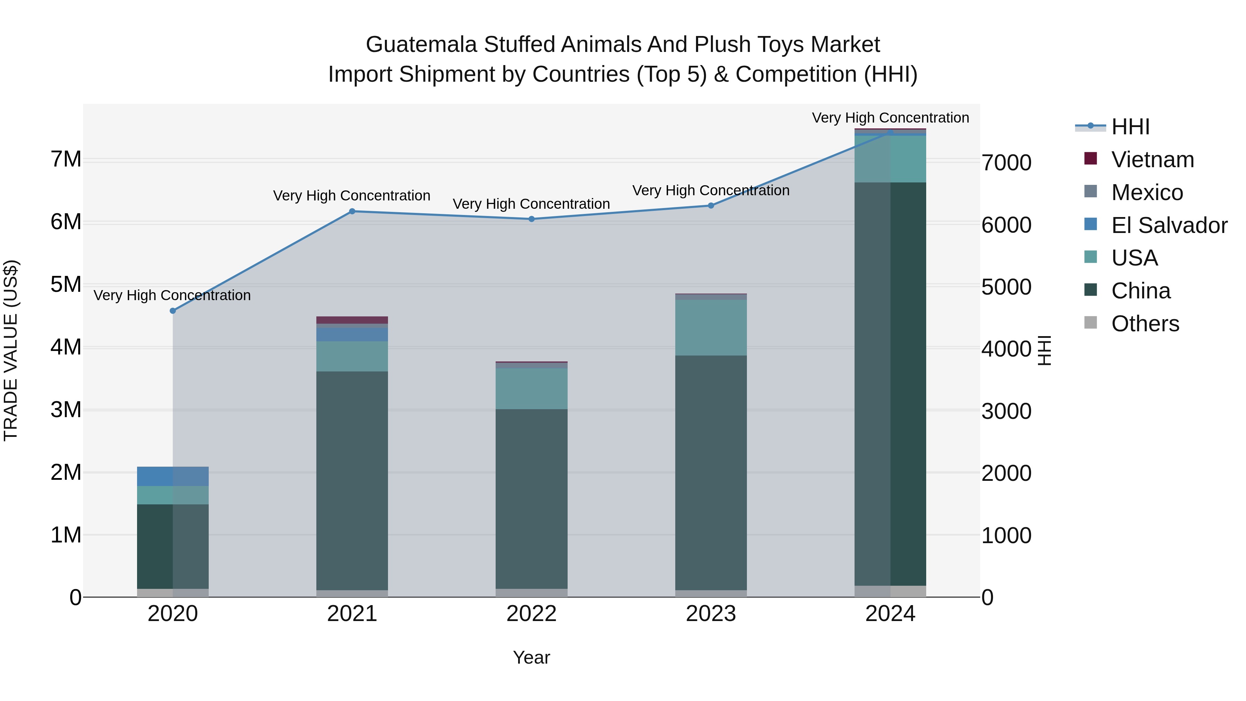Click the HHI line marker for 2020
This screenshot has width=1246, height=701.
[173, 311]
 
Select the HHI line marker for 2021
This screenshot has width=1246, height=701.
[352, 212]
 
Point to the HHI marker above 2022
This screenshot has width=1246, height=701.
[532, 219]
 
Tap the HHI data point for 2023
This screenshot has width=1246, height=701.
[711, 206]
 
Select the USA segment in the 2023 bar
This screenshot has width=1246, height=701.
[711, 327]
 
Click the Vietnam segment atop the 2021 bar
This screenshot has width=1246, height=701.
[352, 320]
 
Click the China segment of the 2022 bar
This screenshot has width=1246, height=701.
[532, 498]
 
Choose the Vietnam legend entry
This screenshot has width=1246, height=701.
[1152, 160]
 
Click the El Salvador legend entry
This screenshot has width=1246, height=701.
[1168, 225]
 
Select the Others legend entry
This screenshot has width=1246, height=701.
[1145, 324]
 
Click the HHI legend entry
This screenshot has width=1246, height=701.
[1130, 127]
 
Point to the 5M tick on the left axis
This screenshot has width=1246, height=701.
[66, 285]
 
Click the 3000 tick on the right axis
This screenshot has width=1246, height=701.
[1006, 411]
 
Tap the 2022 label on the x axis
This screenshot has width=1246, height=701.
[532, 614]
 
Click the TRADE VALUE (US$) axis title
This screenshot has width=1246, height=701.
[11, 350]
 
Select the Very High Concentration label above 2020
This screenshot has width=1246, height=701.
[172, 295]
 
